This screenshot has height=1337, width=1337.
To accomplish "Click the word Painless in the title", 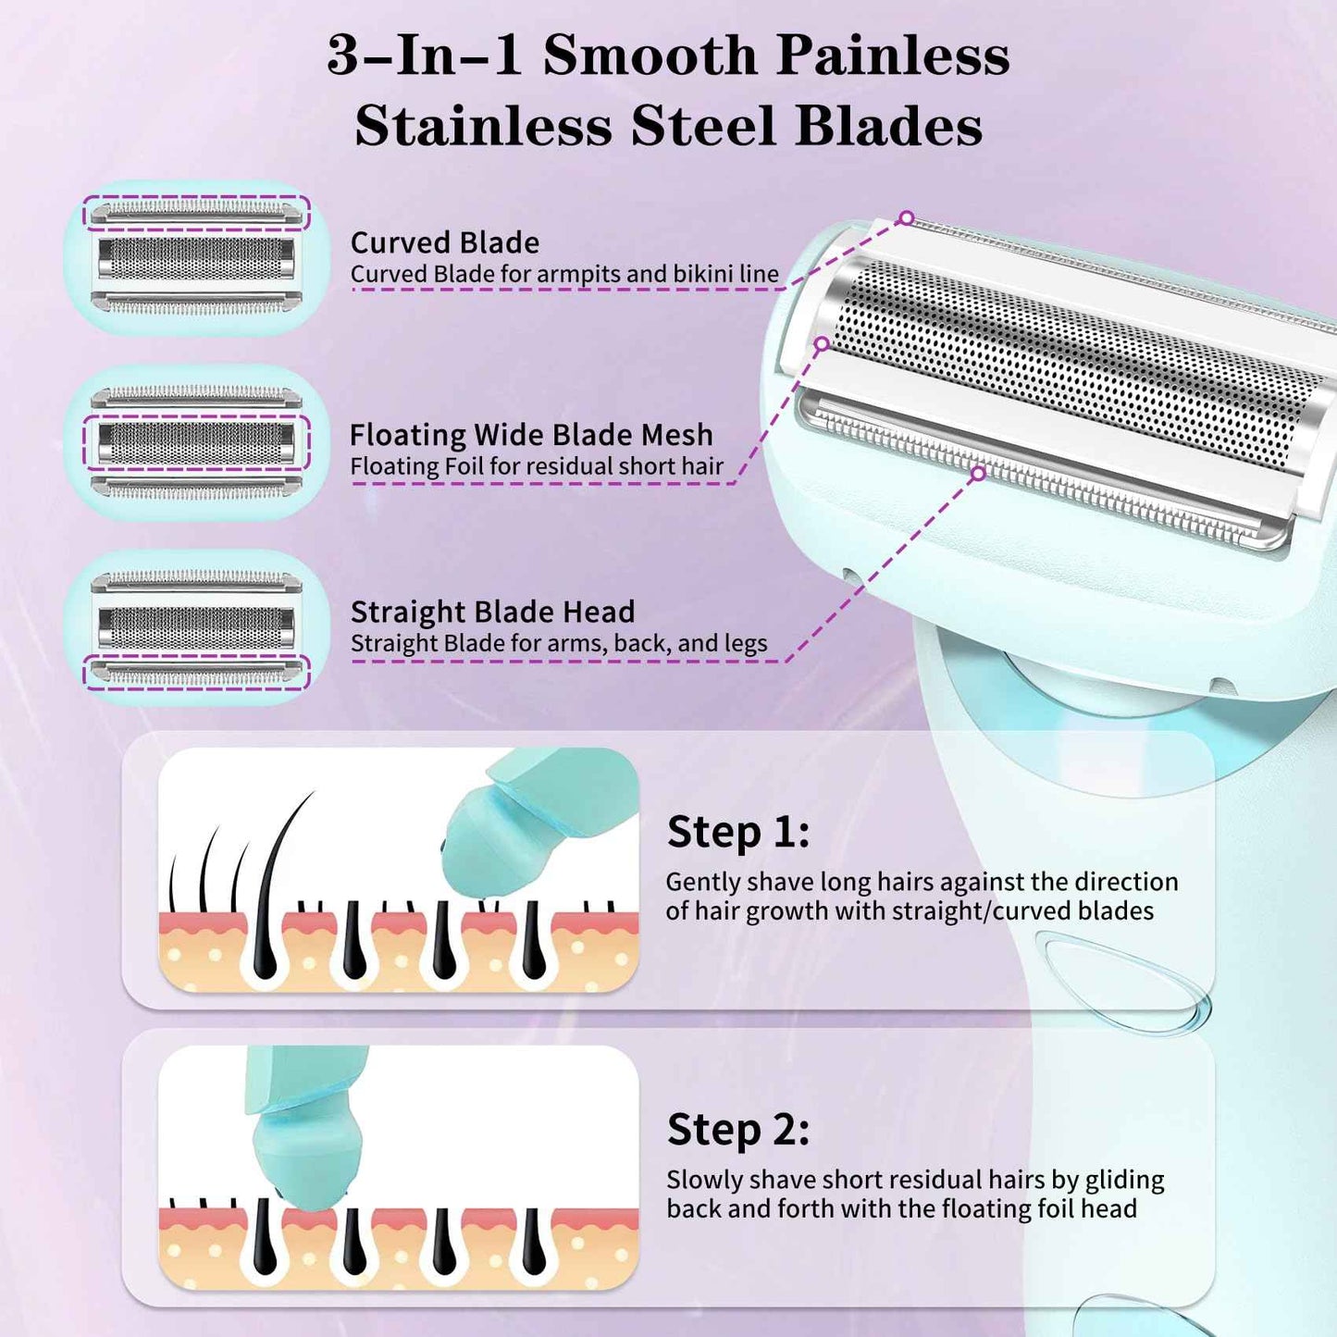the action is [892, 56].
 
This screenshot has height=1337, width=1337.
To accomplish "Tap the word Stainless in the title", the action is [484, 126].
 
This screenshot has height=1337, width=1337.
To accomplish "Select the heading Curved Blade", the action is [445, 242].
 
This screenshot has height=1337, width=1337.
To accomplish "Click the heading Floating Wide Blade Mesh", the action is [531, 435].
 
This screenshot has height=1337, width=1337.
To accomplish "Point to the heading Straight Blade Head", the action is [492, 612].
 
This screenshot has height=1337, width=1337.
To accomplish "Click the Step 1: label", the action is [738, 832].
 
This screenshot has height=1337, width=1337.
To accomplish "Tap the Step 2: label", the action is [738, 1131].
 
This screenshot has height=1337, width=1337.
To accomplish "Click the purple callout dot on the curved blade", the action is [906, 217].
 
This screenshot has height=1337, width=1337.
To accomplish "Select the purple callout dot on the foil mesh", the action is [822, 343].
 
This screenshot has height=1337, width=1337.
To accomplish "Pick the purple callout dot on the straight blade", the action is [978, 473].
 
